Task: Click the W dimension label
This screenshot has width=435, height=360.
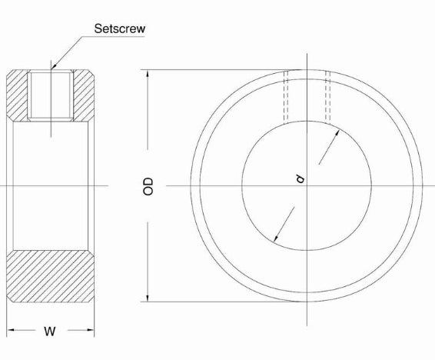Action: click(x=50, y=332)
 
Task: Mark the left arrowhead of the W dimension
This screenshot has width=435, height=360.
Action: click(x=12, y=332)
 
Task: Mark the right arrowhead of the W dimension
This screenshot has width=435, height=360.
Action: click(x=90, y=332)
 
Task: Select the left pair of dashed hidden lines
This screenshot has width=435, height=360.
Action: click(x=287, y=96)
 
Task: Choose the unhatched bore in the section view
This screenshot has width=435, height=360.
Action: click(x=51, y=185)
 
